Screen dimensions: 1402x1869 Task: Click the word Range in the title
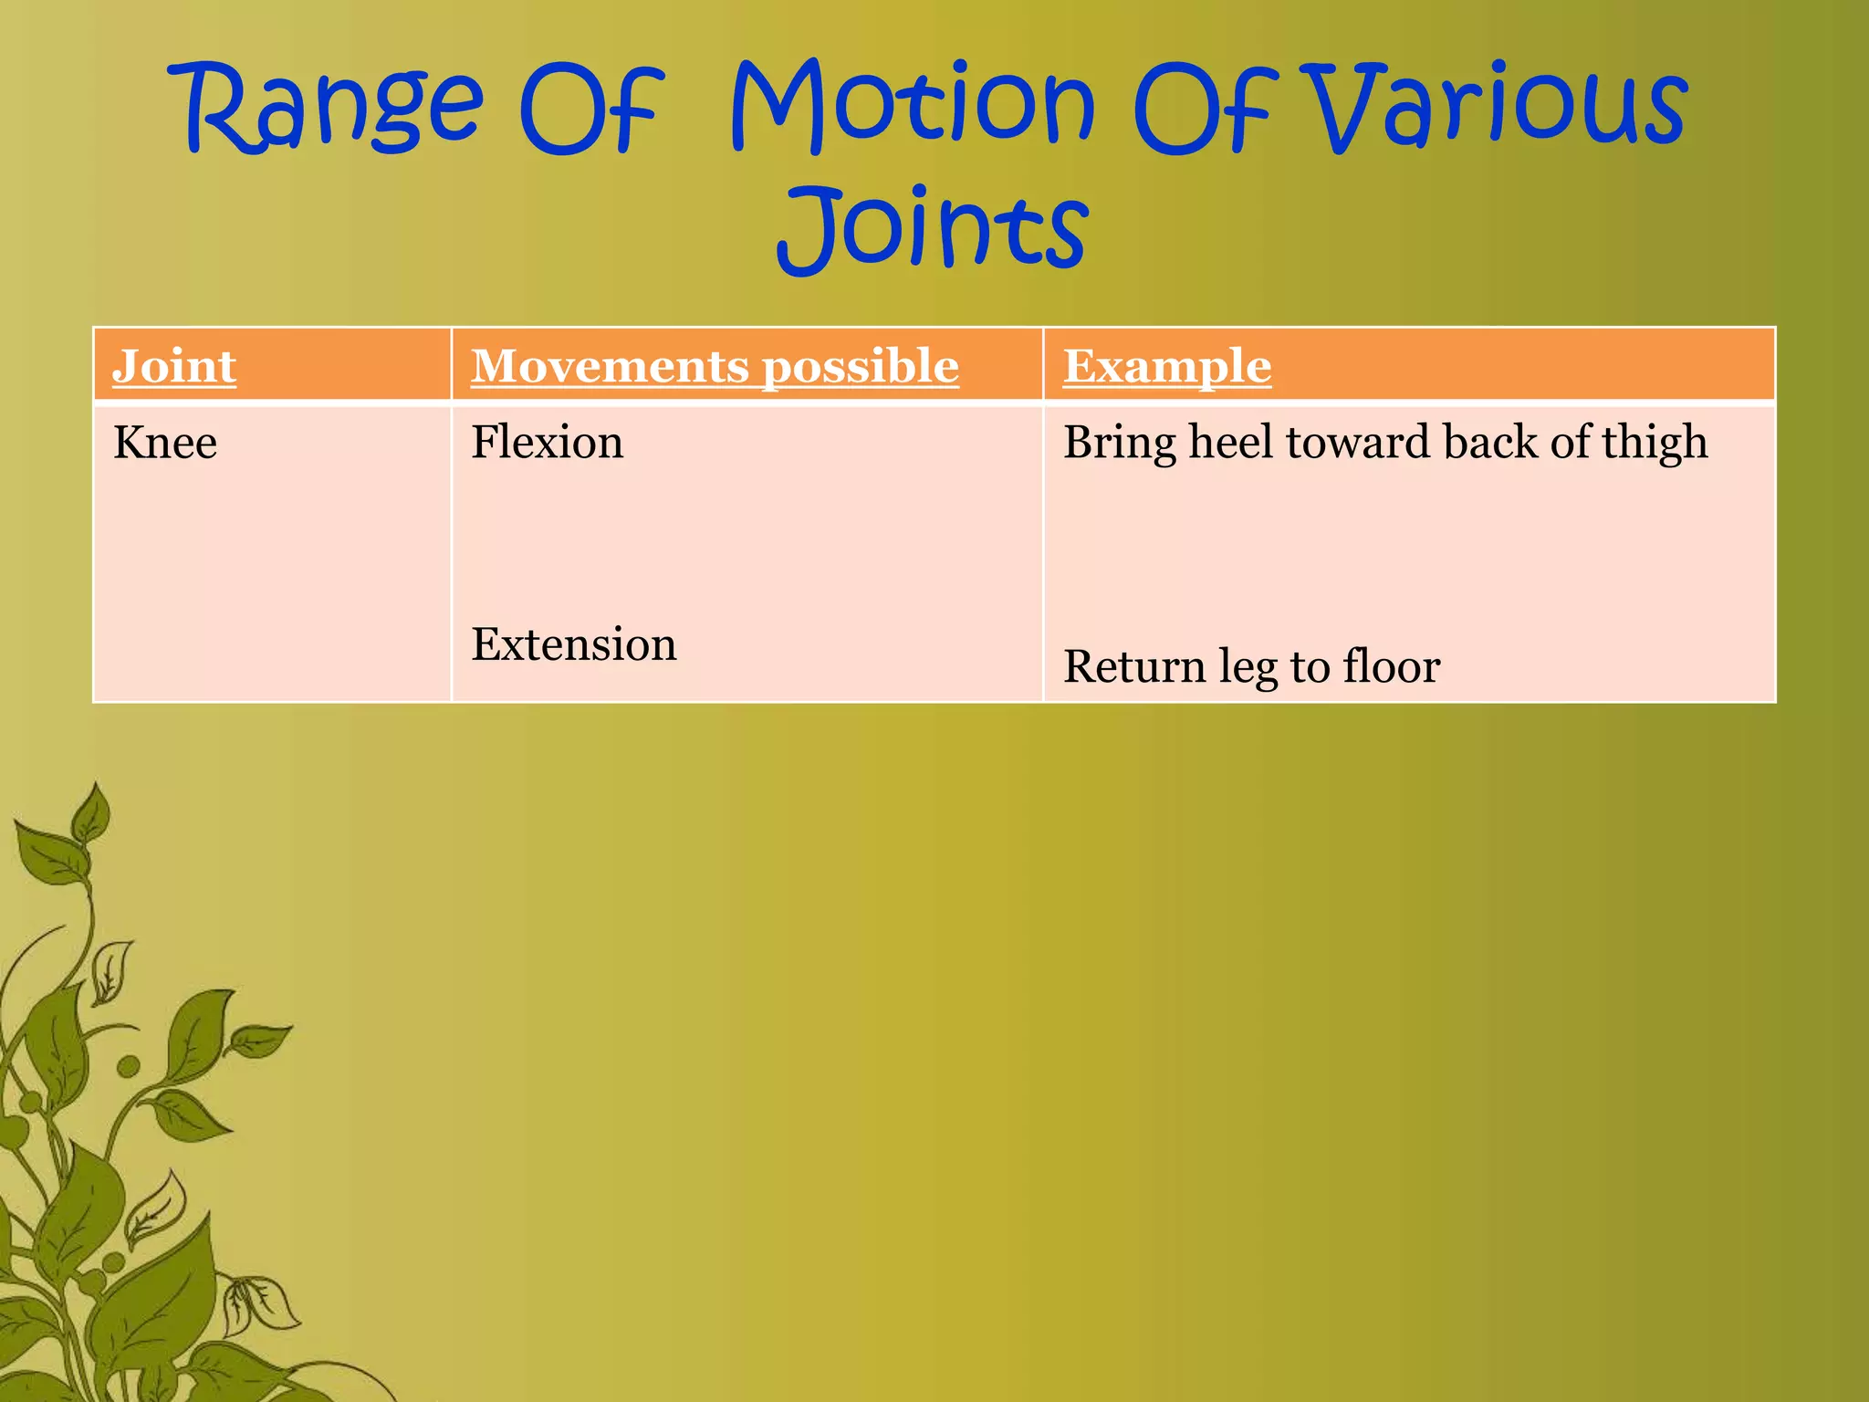click(x=333, y=108)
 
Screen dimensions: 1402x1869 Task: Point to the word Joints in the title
click(x=933, y=228)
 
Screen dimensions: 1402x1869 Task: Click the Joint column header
click(x=174, y=366)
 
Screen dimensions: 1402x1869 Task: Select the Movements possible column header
click(x=715, y=366)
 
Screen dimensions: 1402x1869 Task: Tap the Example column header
click(x=1167, y=366)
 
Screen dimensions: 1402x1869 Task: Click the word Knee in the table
click(x=165, y=443)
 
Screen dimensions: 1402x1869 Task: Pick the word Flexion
click(x=548, y=442)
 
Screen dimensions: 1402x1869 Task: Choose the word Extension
click(x=574, y=644)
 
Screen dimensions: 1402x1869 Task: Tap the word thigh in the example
click(x=1655, y=444)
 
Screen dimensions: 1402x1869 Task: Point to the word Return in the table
click(x=1134, y=666)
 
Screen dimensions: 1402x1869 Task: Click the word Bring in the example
click(x=1120, y=444)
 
